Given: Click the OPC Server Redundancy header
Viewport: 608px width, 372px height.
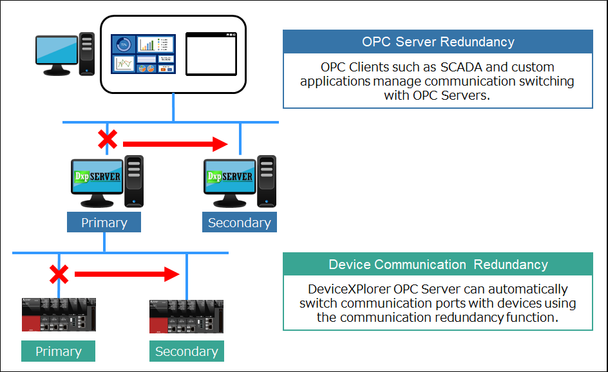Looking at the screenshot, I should pyautogui.click(x=438, y=42).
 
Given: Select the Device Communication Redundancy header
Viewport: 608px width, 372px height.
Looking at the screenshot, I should pyautogui.click(x=438, y=265).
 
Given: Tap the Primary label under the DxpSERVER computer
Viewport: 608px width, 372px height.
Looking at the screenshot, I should pyautogui.click(x=104, y=223).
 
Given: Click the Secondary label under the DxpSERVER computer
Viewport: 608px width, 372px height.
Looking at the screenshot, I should pyautogui.click(x=239, y=223).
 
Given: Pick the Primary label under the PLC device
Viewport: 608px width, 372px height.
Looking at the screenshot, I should pyautogui.click(x=58, y=351).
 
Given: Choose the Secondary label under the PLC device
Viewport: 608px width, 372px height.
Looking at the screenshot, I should pyautogui.click(x=186, y=351).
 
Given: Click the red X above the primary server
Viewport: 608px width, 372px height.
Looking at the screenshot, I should pyautogui.click(x=107, y=139).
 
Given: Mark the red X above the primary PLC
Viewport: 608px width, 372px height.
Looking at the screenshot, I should pyautogui.click(x=59, y=275).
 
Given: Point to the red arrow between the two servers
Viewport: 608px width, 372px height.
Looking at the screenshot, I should pyautogui.click(x=175, y=144).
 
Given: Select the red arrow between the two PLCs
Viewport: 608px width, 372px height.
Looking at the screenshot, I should pyautogui.click(x=126, y=275).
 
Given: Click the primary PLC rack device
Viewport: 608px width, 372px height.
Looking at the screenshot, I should pyautogui.click(x=59, y=315).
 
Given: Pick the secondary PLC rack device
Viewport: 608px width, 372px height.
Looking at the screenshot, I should pyautogui.click(x=186, y=315).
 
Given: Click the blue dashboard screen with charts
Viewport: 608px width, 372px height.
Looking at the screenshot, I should pyautogui.click(x=144, y=53).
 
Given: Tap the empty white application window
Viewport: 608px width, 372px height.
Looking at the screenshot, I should pyautogui.click(x=211, y=53).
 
